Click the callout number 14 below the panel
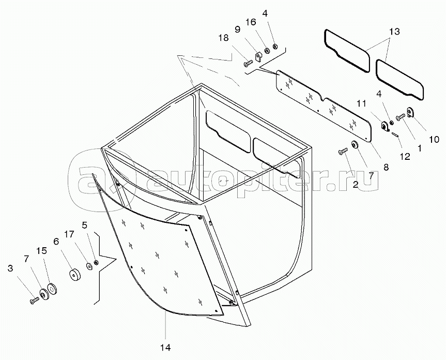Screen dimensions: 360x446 click(166, 347)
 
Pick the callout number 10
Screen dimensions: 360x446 click(433, 140)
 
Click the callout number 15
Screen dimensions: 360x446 click(42, 251)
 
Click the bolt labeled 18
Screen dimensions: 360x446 click(247, 64)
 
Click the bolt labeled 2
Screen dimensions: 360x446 click(342, 151)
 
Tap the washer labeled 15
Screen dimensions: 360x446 click(52, 290)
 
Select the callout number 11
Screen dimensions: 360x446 click(361, 103)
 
